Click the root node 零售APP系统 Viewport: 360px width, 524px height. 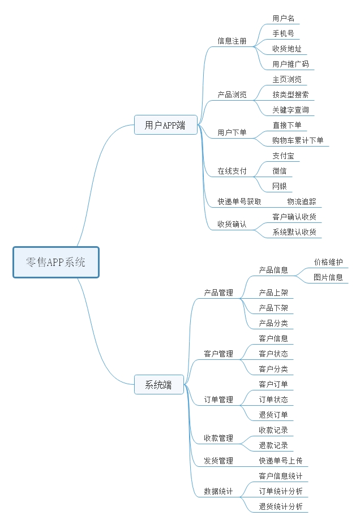pyautogui.click(x=56, y=263)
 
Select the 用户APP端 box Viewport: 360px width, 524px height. pyautogui.click(x=166, y=125)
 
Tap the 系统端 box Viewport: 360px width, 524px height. pyautogui.click(x=159, y=385)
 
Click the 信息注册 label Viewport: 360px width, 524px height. pyautogui.click(x=232, y=41)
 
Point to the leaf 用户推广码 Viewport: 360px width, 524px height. pyautogui.click(x=290, y=64)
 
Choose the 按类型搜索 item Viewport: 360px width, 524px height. pyautogui.click(x=290, y=95)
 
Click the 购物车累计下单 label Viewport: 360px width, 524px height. pyautogui.click(x=298, y=140)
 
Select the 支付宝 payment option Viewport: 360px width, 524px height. pyautogui.click(x=284, y=156)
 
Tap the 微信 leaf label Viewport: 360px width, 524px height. pyautogui.click(x=280, y=171)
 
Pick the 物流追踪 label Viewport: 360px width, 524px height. pyautogui.click(x=302, y=201)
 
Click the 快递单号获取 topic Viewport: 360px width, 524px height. pyautogui.click(x=239, y=201)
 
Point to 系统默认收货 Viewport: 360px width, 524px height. pyautogui.click(x=294, y=232)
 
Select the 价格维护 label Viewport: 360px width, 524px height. pyautogui.click(x=328, y=262)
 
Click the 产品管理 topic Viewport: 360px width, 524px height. pyautogui.click(x=218, y=293)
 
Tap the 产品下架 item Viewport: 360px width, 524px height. pyautogui.click(x=273, y=308)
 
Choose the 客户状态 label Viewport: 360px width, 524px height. pyautogui.click(x=273, y=354)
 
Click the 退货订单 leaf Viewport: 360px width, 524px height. pyautogui.click(x=273, y=415)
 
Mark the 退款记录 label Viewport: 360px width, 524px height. pyautogui.click(x=273, y=445)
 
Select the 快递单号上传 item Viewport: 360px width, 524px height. pyautogui.click(x=281, y=461)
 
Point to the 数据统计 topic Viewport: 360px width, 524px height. pyautogui.click(x=218, y=491)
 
